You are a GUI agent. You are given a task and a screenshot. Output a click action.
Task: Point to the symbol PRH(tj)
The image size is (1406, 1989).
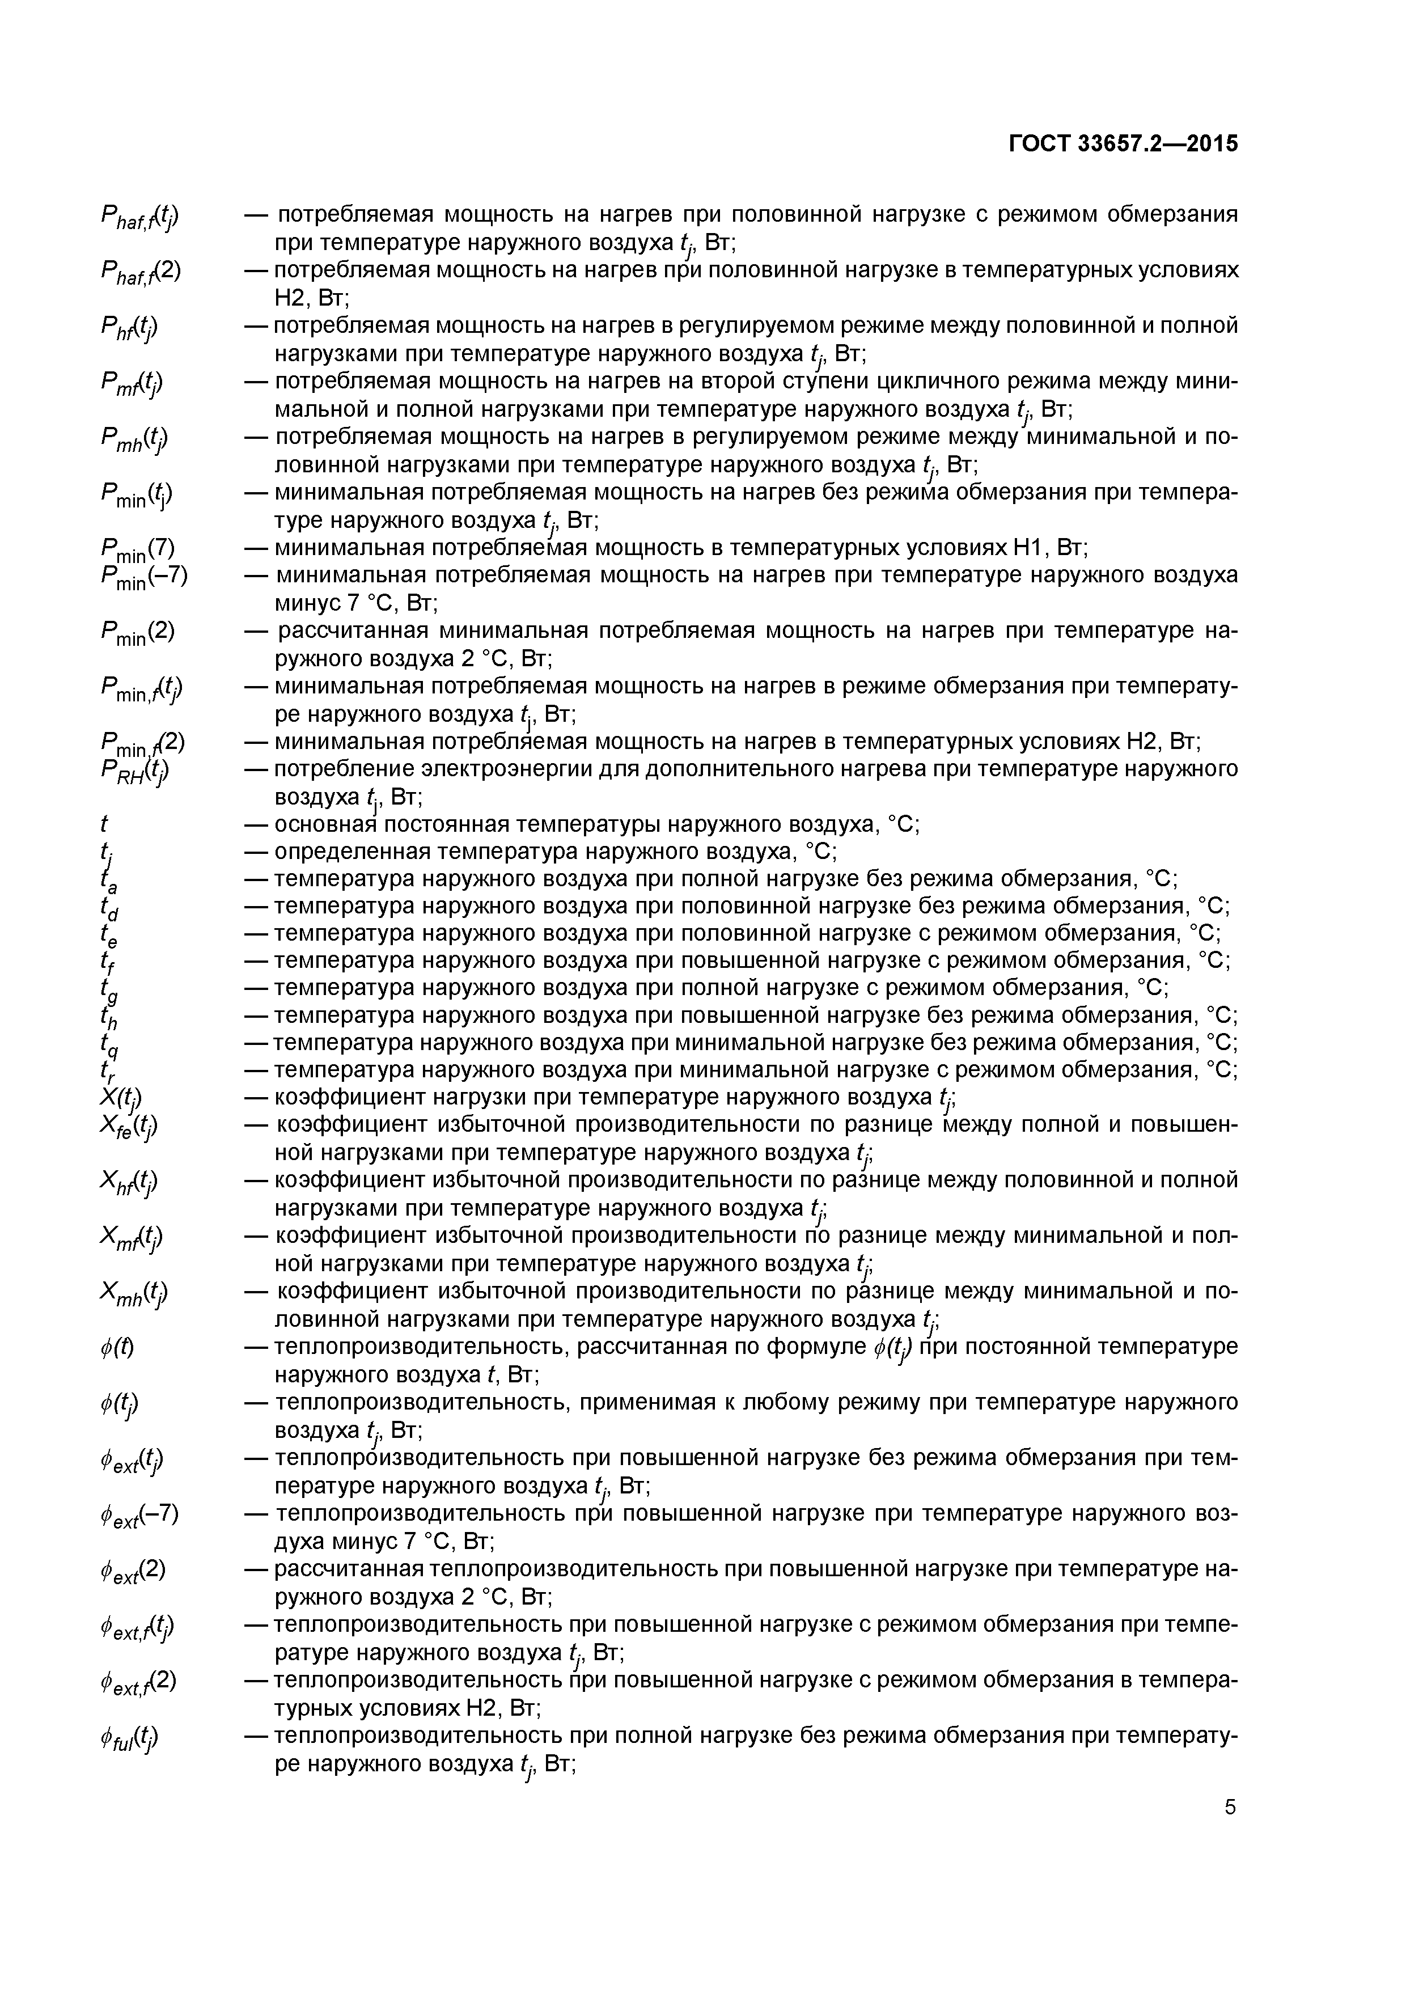[135, 771]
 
